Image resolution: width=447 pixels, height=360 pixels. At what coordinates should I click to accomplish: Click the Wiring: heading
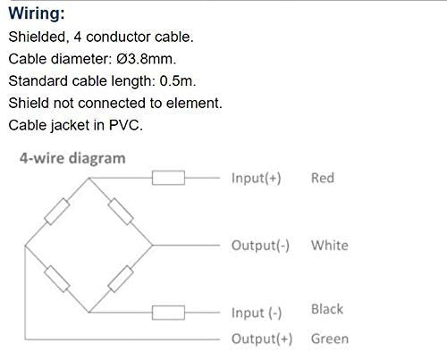(x=41, y=15)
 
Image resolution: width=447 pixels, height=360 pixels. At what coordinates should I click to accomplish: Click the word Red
(x=322, y=178)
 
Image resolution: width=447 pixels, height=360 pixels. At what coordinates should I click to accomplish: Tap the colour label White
(x=329, y=245)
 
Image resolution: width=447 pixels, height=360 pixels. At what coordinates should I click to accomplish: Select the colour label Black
(x=327, y=309)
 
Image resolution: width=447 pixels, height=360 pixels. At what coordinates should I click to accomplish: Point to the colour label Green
(x=329, y=339)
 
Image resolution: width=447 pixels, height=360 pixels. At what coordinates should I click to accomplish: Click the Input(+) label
(x=256, y=178)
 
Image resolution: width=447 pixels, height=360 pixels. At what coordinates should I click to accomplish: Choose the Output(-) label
(x=260, y=245)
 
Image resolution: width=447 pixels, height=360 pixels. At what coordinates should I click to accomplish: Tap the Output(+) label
(x=262, y=339)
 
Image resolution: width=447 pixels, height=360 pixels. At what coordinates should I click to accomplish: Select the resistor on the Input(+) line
(x=168, y=178)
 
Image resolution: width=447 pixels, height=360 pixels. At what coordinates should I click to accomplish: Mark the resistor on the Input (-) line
(x=168, y=312)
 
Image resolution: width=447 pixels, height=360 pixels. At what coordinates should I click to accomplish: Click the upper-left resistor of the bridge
(x=58, y=212)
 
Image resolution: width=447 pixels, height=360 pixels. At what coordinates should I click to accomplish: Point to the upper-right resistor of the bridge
(x=121, y=210)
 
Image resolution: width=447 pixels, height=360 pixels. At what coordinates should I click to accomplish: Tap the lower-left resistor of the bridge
(x=57, y=278)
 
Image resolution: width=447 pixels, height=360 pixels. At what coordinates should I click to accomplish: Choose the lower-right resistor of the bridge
(x=121, y=279)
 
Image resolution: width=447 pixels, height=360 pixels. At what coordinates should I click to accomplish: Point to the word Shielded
(x=37, y=38)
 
